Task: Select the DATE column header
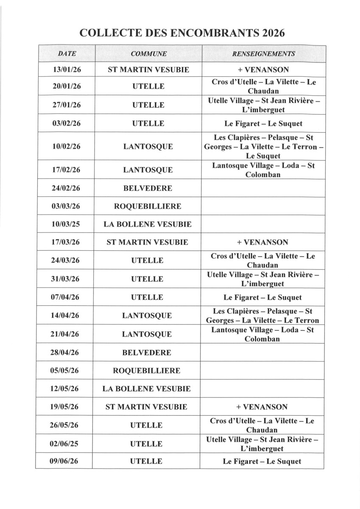67,54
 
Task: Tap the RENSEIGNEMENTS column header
263,54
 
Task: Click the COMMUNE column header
148,54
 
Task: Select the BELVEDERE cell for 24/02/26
148,188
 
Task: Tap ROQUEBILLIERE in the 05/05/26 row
146,370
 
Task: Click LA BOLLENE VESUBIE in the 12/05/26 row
146,389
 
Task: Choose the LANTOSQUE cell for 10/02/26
148,147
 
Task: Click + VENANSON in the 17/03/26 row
262,243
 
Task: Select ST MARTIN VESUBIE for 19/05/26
146,407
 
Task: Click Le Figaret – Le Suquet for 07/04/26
262,297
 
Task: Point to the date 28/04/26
64,352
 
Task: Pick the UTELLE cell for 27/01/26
148,105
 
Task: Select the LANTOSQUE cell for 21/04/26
147,334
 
